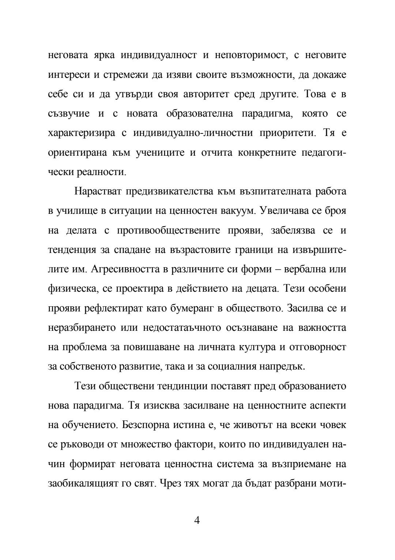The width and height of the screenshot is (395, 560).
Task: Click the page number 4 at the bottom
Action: (197, 520)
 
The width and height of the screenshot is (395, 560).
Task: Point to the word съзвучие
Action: (69, 114)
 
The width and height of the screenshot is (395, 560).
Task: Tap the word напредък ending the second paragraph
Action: (282, 366)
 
